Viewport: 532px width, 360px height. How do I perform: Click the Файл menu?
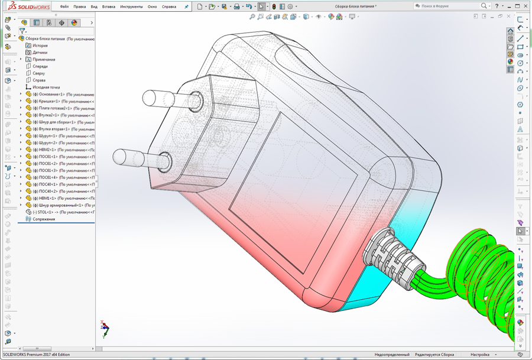coord(64,7)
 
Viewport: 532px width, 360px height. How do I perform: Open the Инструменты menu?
coord(131,7)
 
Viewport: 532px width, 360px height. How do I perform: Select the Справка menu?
coord(169,7)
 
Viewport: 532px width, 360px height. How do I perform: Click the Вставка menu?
coord(109,7)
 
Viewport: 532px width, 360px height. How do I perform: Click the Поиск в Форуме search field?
coord(449,6)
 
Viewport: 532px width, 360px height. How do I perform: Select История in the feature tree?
coord(40,46)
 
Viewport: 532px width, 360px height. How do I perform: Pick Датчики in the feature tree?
coord(40,53)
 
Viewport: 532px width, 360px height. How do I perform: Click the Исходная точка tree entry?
coord(46,87)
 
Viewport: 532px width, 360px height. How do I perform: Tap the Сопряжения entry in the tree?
coord(44,219)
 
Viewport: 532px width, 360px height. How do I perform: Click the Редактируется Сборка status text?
coord(434,355)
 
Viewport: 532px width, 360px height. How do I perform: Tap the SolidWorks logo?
coord(24,7)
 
